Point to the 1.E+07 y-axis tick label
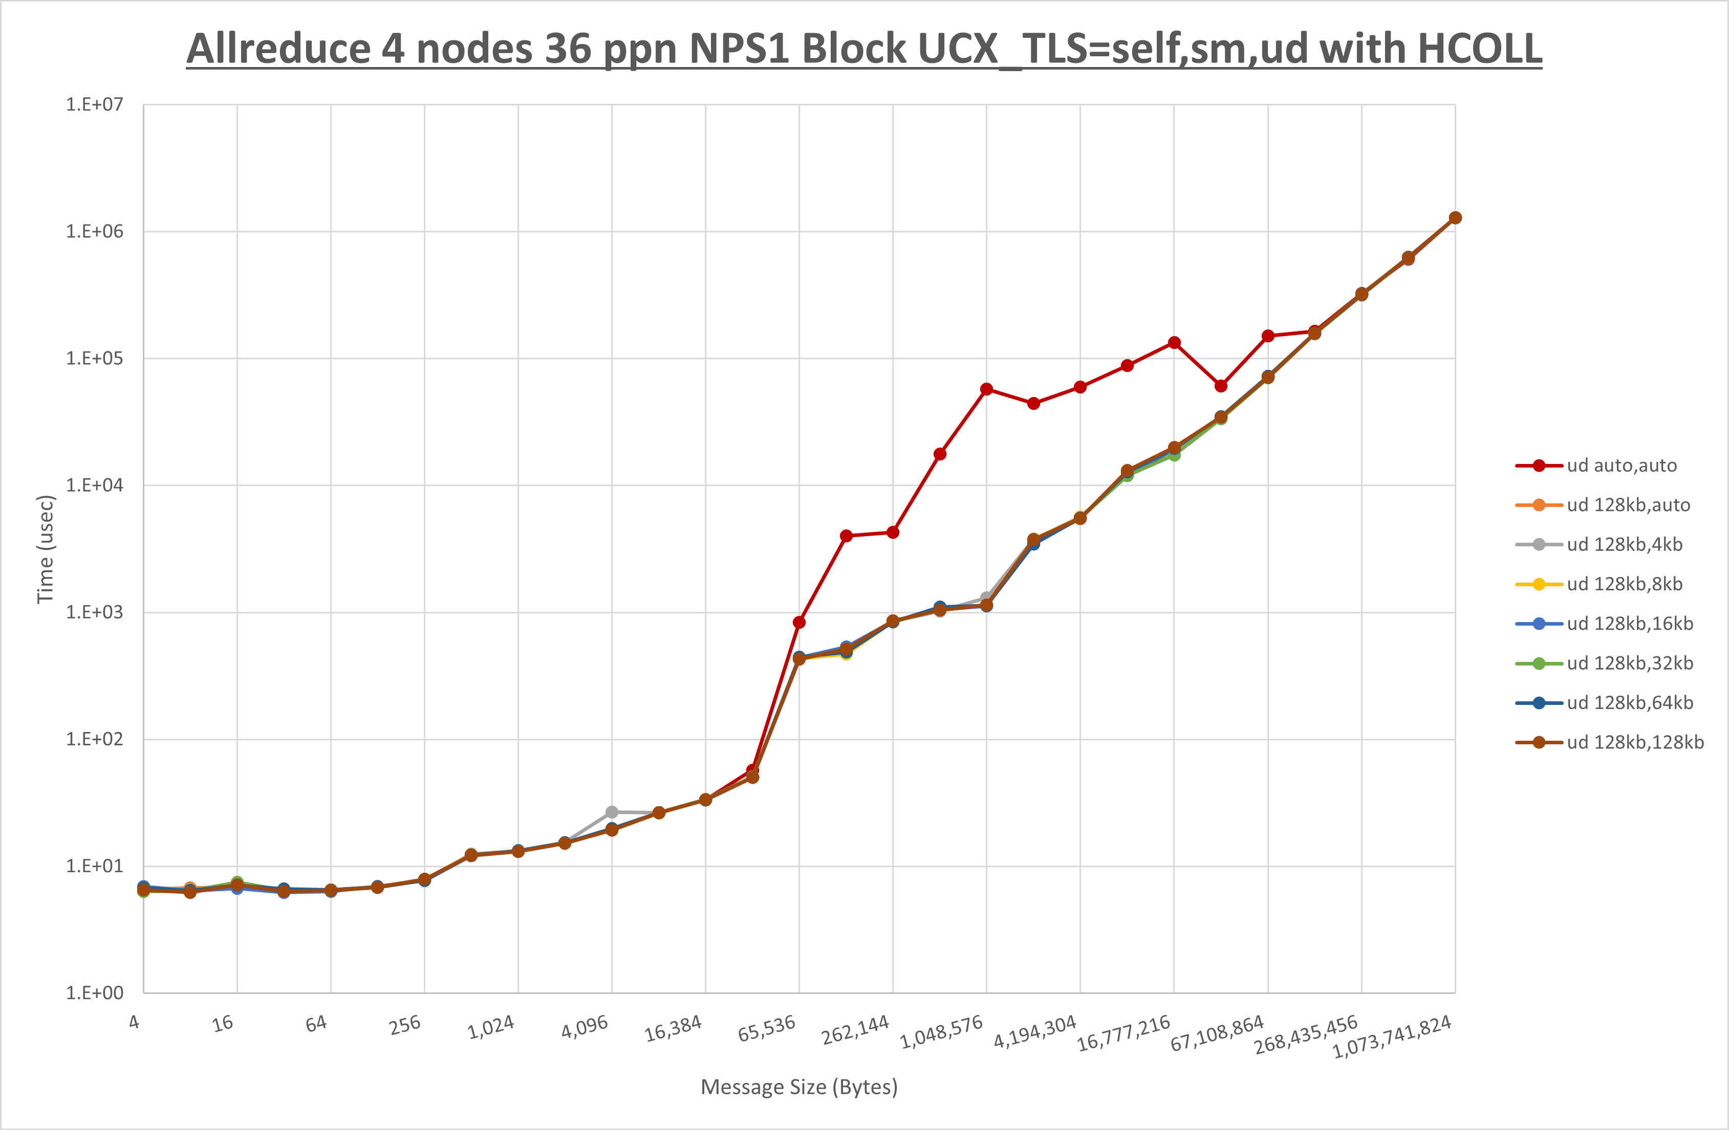pos(95,104)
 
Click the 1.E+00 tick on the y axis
pos(95,993)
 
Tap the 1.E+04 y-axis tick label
pos(95,485)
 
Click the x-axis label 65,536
pos(766,1029)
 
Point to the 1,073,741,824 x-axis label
pos(1391,1037)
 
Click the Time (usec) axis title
pos(45,549)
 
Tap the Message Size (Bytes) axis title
pos(799,1087)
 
